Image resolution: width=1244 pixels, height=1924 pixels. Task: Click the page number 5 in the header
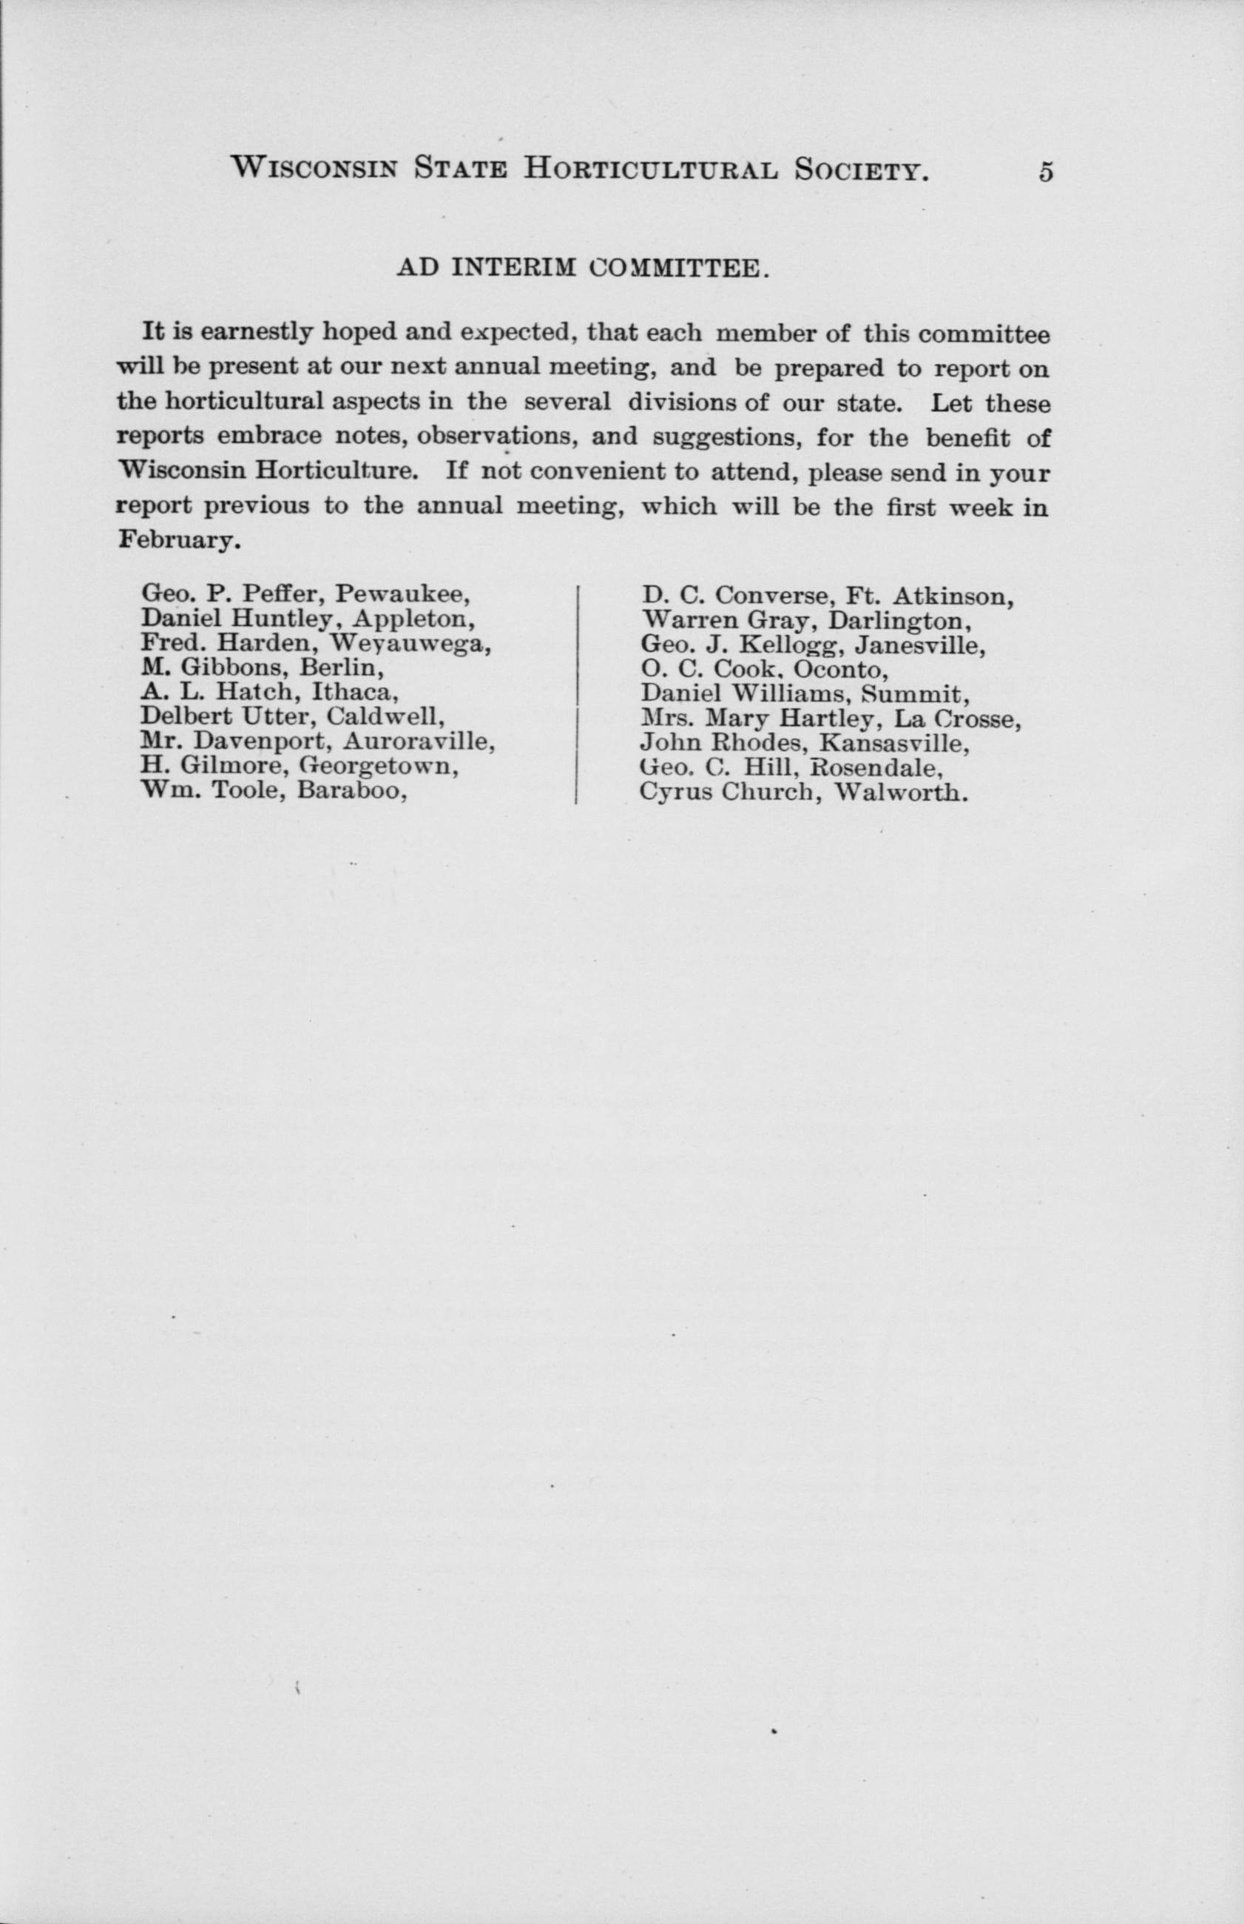(x=1046, y=172)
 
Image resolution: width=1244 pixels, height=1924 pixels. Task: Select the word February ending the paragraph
(x=178, y=541)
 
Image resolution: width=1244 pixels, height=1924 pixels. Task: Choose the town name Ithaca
(x=356, y=693)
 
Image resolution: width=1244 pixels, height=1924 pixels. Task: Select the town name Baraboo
(x=351, y=790)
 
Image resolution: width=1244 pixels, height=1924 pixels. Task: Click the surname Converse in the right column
(x=776, y=596)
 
